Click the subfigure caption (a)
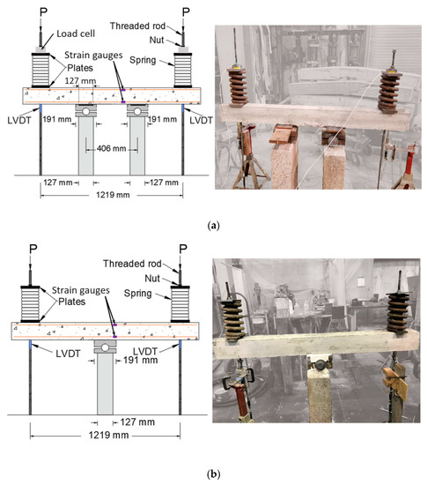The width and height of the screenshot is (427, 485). pyautogui.click(x=213, y=226)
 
